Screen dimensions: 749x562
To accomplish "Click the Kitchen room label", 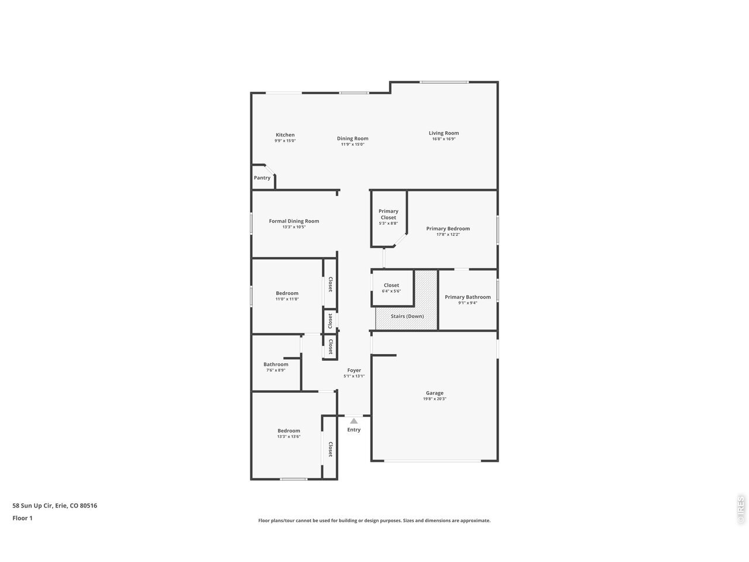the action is (x=285, y=135).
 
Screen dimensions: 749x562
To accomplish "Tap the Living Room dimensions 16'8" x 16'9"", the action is (x=444, y=139).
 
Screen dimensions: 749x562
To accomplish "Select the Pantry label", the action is (x=262, y=178).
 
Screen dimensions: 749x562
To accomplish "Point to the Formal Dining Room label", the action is (x=294, y=221).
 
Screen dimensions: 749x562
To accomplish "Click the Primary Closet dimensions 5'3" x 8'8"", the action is (x=389, y=224).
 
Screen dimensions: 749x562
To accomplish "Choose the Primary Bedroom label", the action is (x=448, y=229).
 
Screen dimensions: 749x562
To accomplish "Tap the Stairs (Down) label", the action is (x=407, y=316).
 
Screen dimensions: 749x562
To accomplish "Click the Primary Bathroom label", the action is (x=468, y=297).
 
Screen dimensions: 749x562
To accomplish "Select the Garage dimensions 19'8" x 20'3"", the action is (x=434, y=399).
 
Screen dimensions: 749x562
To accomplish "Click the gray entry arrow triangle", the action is (x=354, y=421).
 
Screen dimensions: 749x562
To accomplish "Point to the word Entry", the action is (x=354, y=430).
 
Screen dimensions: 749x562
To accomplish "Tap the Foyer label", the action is (x=354, y=370).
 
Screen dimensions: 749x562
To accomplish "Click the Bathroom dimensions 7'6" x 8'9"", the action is (x=276, y=370).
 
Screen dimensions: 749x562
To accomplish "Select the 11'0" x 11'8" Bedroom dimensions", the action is (x=287, y=299).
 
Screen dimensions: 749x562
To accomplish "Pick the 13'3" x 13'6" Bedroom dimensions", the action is (x=288, y=437).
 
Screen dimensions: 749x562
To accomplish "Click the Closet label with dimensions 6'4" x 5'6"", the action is (x=391, y=285).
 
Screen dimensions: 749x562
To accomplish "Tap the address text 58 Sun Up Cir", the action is (x=32, y=506).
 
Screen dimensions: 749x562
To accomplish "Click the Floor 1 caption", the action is (x=22, y=518).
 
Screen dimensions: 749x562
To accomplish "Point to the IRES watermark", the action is (x=740, y=510).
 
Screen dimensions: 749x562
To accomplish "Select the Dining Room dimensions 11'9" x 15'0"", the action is (x=352, y=145).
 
